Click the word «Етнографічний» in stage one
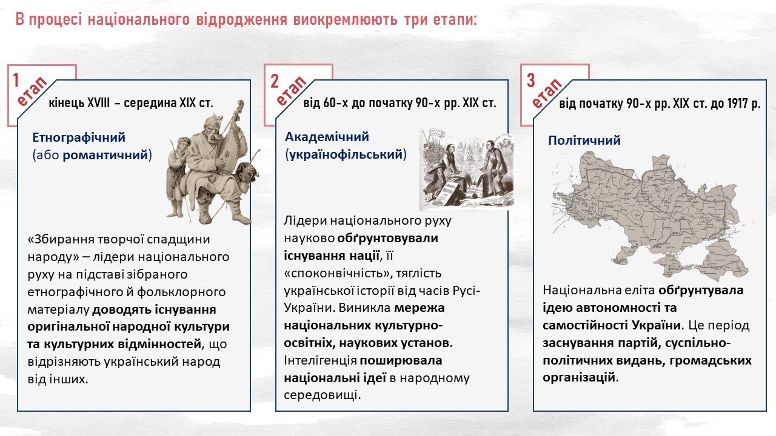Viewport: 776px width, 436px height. point(79,137)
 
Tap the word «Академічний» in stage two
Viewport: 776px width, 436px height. point(327,137)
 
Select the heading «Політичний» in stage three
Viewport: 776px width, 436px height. point(584,140)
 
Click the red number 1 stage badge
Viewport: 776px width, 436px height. point(16,81)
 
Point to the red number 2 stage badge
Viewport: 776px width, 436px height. point(275,81)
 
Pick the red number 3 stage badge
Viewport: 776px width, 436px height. point(530,81)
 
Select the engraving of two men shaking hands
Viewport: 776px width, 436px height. point(466,169)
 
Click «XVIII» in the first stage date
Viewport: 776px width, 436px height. point(98,103)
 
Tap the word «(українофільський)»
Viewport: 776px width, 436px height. point(346,154)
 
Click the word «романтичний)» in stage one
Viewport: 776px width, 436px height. point(107,155)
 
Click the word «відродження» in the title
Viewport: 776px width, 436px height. point(241,20)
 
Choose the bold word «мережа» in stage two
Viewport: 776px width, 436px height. point(420,308)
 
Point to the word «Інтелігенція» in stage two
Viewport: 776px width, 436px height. point(321,360)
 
